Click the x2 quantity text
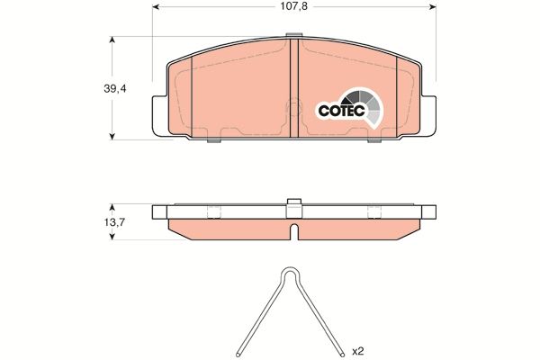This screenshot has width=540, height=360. point(358,349)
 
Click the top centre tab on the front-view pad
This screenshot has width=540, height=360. point(292,37)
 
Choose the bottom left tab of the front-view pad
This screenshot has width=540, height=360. point(213,139)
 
